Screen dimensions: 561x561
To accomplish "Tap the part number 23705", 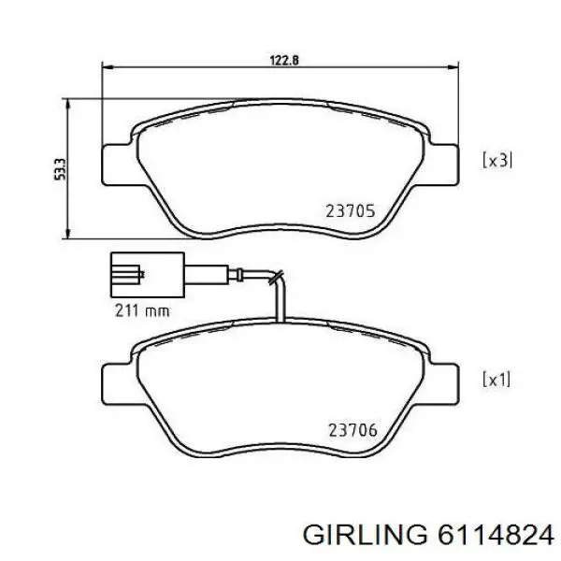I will (351, 211).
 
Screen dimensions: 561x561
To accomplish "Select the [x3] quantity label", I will (496, 160).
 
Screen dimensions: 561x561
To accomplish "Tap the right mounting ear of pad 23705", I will (447, 165).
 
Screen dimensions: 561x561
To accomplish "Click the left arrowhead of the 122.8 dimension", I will (106, 67).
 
